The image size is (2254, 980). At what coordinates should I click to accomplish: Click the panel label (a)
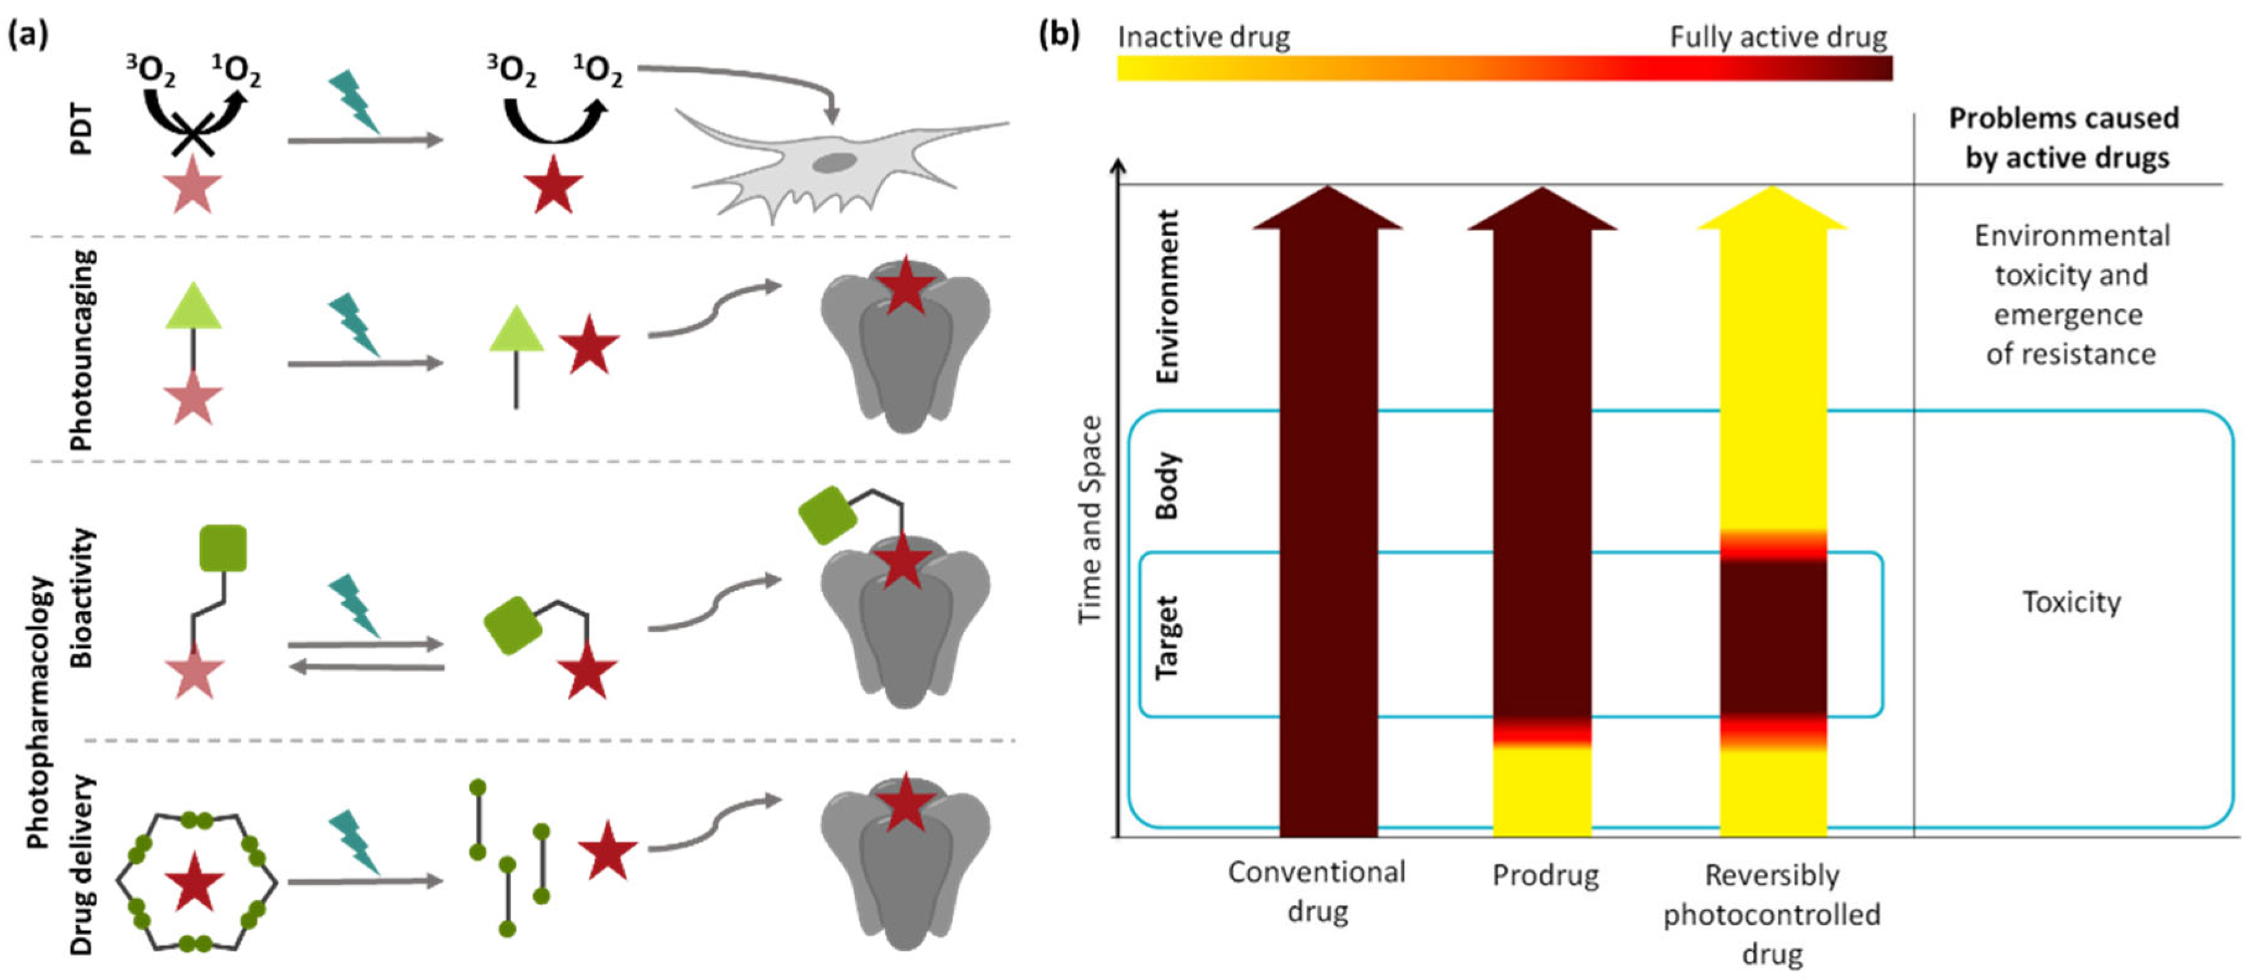[x=27, y=35]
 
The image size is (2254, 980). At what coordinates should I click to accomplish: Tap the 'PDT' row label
[x=80, y=129]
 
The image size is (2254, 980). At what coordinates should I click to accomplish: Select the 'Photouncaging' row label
[x=81, y=350]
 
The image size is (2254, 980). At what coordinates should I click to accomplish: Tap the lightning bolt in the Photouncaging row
[x=354, y=324]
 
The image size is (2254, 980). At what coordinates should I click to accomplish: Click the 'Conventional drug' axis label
[x=1317, y=891]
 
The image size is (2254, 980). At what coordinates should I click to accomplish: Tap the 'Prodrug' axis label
[x=1545, y=875]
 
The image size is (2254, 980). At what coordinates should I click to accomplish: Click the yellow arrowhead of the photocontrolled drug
[x=1773, y=210]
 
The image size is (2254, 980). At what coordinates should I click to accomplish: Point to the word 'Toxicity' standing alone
[x=2071, y=602]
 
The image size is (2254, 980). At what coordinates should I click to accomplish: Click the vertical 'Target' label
[x=1167, y=636]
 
